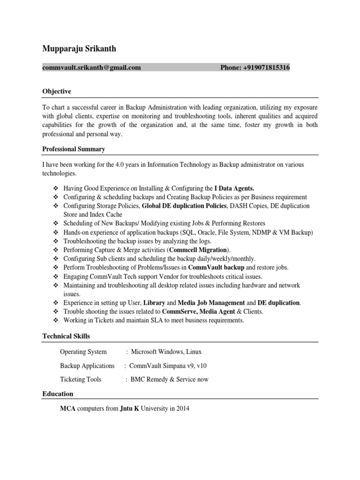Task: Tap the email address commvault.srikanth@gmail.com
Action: (x=91, y=67)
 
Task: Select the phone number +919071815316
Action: (x=266, y=67)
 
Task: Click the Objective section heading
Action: (x=57, y=91)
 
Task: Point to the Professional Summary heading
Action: (x=74, y=149)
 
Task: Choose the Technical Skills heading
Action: (x=66, y=336)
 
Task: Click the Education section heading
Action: (x=58, y=394)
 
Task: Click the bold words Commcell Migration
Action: (x=199, y=250)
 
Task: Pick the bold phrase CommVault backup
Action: (x=216, y=267)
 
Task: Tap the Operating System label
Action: (x=83, y=352)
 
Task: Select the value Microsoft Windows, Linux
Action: (x=166, y=352)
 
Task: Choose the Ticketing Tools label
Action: (x=81, y=379)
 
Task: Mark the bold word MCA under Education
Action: (x=67, y=408)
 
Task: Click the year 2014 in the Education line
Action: (x=183, y=408)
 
